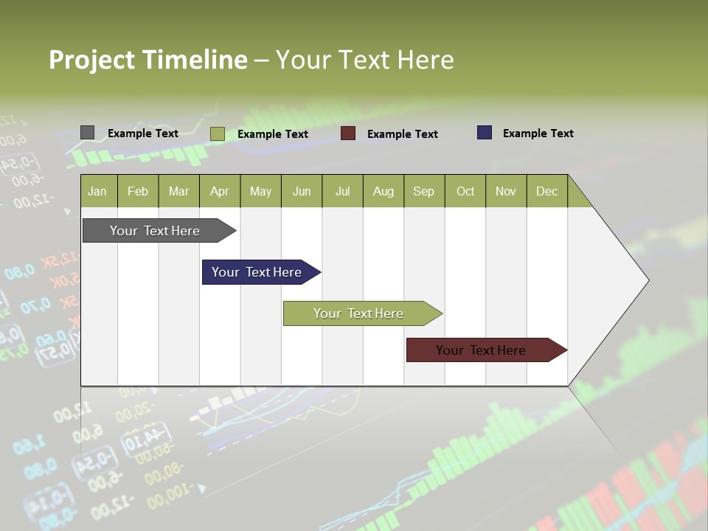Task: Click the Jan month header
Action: [x=98, y=191]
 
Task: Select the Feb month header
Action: [x=138, y=191]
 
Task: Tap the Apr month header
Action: [x=220, y=191]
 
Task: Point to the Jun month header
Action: [x=302, y=191]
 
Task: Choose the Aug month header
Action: [x=383, y=191]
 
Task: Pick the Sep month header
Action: [x=424, y=191]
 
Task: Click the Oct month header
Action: [x=465, y=191]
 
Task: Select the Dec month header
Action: [x=547, y=191]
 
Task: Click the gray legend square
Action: [x=87, y=133]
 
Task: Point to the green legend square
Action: [x=218, y=133]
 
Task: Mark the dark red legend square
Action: [x=348, y=133]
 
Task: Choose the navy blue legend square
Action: [x=485, y=133]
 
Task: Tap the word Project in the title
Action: [x=91, y=60]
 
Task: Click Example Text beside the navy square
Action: [x=538, y=133]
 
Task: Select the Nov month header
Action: [x=506, y=191]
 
